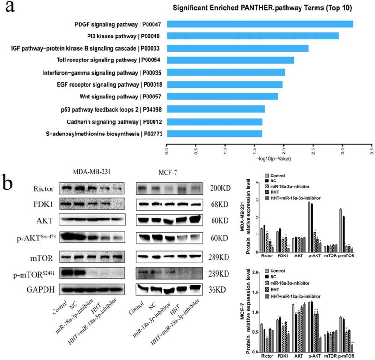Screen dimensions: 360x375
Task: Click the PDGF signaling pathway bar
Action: [x=260, y=24]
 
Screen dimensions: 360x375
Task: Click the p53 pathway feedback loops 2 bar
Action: [x=216, y=109]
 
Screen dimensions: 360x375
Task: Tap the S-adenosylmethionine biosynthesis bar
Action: [x=214, y=134]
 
